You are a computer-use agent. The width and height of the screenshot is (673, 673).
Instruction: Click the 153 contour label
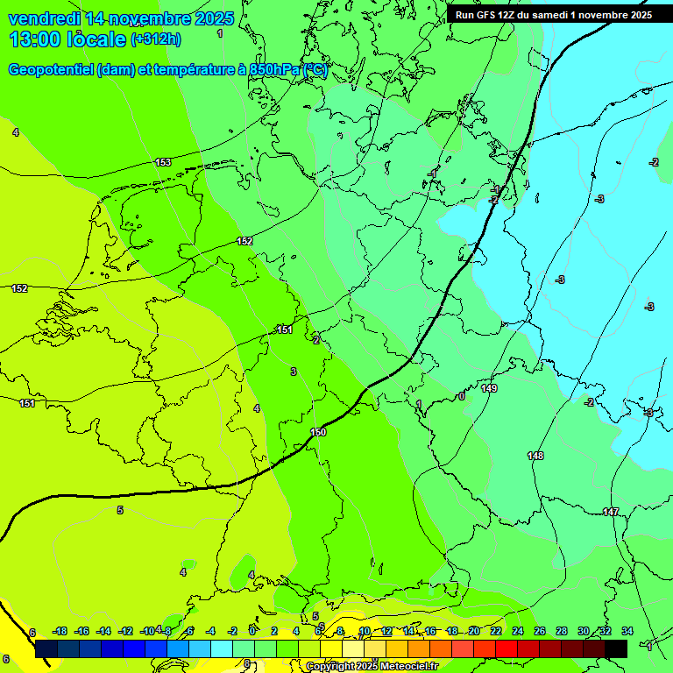click(x=163, y=162)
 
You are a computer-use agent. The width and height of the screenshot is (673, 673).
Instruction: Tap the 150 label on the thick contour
click(x=318, y=432)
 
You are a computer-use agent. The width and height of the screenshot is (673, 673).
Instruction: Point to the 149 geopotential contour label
click(x=489, y=388)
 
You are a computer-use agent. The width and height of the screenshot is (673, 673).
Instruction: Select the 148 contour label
click(x=535, y=456)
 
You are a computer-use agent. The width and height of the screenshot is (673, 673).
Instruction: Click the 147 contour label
click(x=611, y=512)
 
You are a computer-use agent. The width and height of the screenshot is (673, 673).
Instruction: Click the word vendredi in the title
click(x=45, y=18)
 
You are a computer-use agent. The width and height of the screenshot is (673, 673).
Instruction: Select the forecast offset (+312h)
click(x=156, y=39)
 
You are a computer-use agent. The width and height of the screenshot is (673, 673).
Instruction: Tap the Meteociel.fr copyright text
click(x=372, y=667)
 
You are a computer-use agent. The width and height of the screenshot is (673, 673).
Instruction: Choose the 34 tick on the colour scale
click(x=627, y=632)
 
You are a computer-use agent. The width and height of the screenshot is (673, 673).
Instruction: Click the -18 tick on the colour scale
click(x=60, y=632)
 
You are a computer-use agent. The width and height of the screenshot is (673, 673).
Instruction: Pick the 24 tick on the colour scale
click(x=518, y=632)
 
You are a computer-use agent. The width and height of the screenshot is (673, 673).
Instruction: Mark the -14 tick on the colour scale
click(x=103, y=632)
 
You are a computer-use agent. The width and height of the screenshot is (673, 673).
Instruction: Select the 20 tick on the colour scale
click(x=474, y=632)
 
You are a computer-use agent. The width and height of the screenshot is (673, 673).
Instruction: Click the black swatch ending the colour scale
click(x=616, y=648)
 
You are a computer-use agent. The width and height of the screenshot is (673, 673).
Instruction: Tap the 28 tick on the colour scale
click(x=562, y=632)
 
